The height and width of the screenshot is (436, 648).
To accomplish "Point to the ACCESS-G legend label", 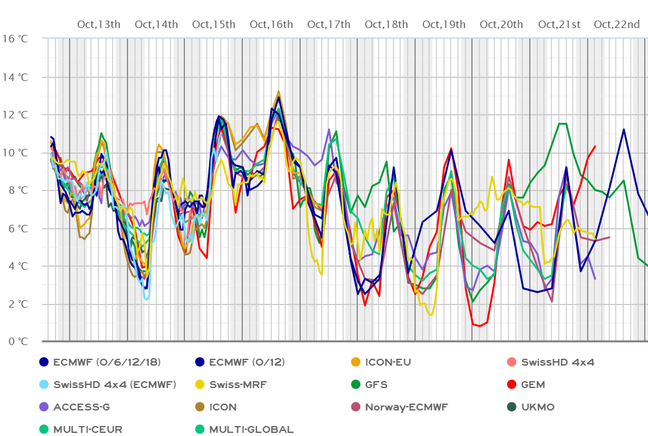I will [x=82, y=407].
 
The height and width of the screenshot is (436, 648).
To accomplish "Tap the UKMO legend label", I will [x=538, y=407].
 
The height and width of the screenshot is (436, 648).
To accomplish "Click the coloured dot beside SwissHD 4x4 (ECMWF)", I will [x=44, y=384].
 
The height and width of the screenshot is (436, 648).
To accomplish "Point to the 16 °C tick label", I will [x=15, y=39].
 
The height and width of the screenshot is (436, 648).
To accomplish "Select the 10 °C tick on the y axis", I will [x=15, y=152].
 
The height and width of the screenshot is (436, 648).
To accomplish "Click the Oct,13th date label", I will [x=98, y=24].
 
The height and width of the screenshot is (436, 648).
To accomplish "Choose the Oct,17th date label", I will [x=329, y=24].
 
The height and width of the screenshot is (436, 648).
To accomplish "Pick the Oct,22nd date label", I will [x=617, y=24].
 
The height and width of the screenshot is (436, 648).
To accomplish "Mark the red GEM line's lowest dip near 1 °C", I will [x=479, y=326].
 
